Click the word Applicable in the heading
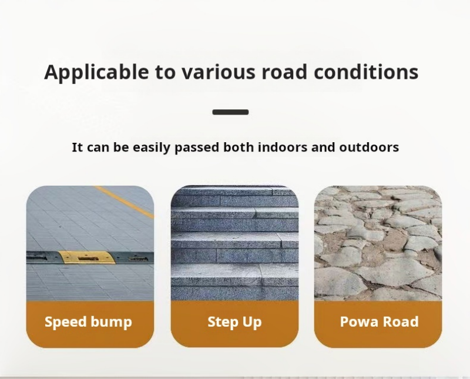[96, 72]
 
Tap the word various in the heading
[218, 72]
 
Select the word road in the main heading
[284, 72]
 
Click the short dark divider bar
[230, 112]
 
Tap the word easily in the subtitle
[152, 147]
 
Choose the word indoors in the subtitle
[283, 147]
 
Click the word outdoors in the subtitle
[369, 147]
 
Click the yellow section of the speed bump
[86, 257]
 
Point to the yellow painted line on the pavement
[124, 202]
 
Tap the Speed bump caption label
[88, 322]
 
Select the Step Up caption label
[234, 322]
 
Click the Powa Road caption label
[379, 321]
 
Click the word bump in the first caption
[111, 322]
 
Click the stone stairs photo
[234, 243]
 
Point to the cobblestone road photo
[378, 243]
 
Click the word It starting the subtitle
[78, 147]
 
